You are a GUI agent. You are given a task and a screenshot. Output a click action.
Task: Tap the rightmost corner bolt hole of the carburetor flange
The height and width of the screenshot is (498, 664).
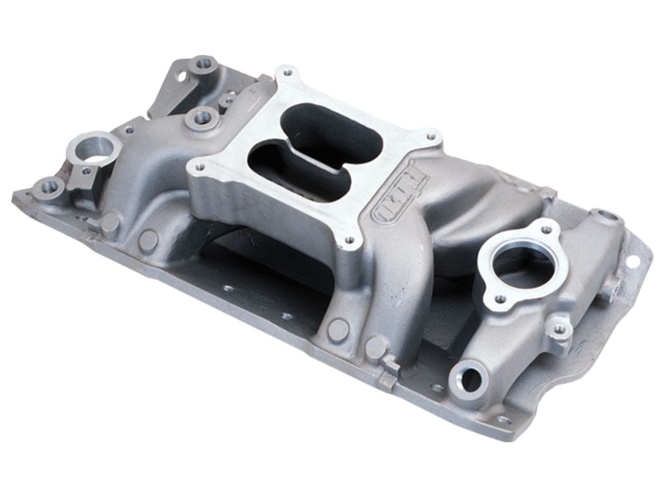(430, 136)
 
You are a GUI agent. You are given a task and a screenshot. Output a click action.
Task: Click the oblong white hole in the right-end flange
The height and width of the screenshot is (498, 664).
(632, 261)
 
